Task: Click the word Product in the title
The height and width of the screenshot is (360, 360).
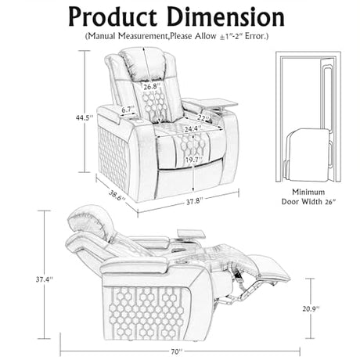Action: coord(113,16)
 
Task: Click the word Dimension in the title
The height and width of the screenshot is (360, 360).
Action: coord(226,16)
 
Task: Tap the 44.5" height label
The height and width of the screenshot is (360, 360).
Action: coord(85,117)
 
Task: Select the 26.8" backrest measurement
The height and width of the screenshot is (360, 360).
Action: coord(150,87)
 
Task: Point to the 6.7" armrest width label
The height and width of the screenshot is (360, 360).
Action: coord(128,110)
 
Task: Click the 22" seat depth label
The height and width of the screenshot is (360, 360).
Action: coord(203,117)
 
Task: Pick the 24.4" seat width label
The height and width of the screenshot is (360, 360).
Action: coord(193,128)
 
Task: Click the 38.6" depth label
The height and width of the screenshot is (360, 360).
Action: coord(117,195)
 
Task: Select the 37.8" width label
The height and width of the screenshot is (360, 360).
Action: coord(194,201)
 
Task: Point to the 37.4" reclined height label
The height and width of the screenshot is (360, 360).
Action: coord(45,279)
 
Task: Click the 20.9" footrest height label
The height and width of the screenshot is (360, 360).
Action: coord(311,308)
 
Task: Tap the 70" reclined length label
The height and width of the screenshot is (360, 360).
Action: coord(177,351)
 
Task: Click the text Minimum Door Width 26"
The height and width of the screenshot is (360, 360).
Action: coord(308,196)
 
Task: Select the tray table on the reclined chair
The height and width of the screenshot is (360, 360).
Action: coord(191,233)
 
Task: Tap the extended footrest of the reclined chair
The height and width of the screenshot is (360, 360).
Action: coord(272,268)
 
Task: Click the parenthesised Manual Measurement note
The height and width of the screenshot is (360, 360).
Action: coord(177,36)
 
